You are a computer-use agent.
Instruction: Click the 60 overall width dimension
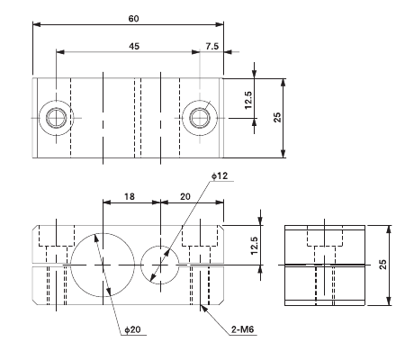click(x=133, y=18)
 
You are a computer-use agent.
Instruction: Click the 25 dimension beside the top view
click(x=278, y=117)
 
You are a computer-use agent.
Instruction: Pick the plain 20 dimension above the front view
click(x=187, y=194)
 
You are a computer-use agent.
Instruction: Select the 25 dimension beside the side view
click(x=382, y=264)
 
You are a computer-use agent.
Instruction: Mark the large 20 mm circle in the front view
click(x=103, y=264)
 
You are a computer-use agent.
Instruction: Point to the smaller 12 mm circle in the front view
click(x=162, y=264)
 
